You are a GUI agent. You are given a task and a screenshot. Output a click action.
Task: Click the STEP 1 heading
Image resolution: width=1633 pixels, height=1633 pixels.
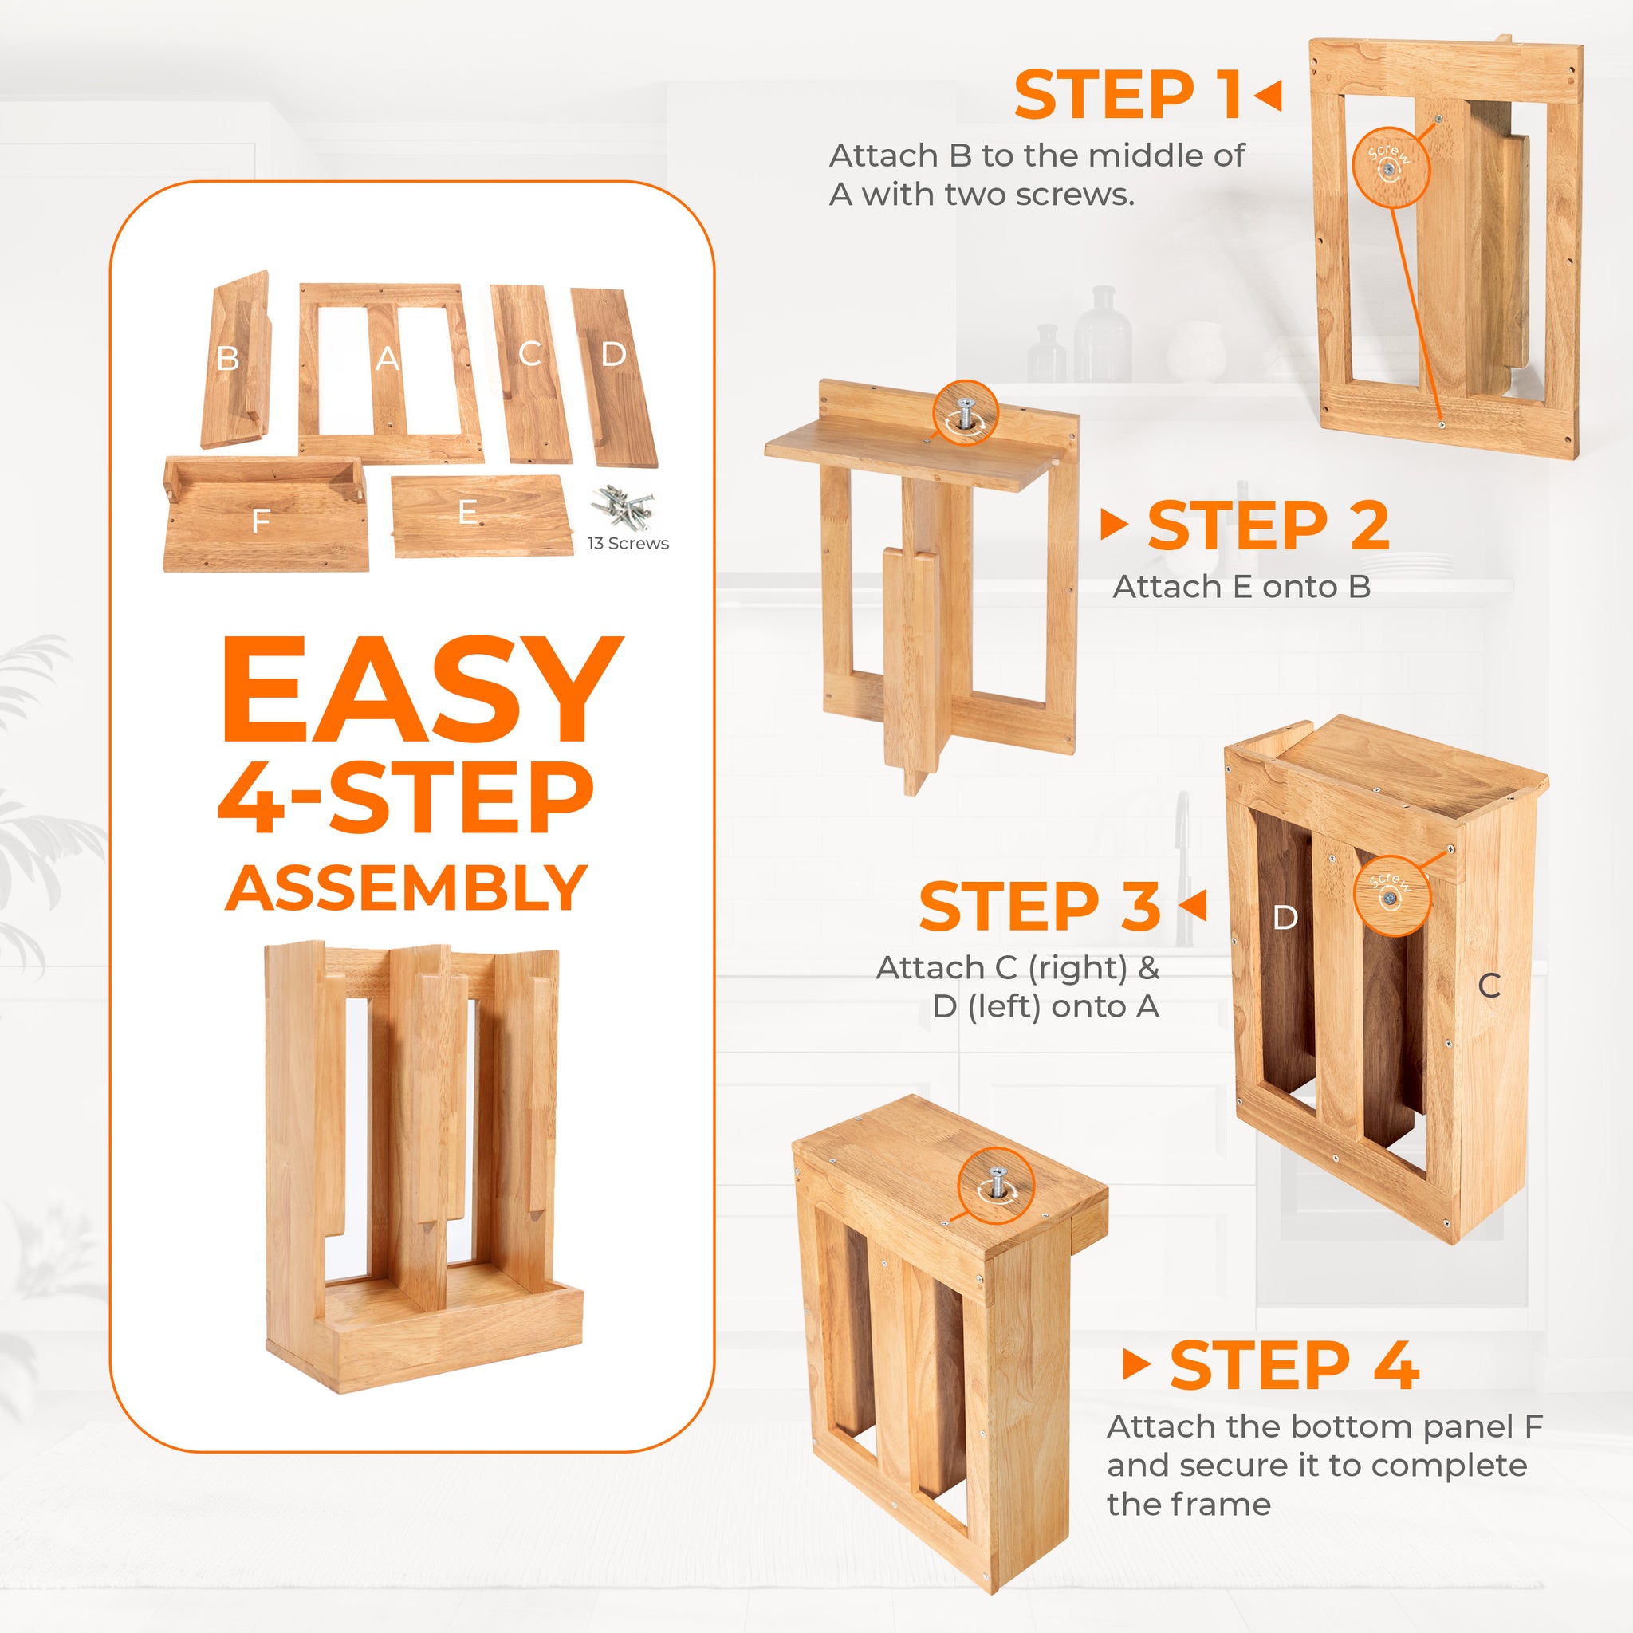pyautogui.click(x=1127, y=95)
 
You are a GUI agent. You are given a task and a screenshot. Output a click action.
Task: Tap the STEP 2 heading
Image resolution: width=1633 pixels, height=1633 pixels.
pyautogui.click(x=1268, y=525)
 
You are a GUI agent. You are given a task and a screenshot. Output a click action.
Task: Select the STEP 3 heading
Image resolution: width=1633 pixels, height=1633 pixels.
pyautogui.click(x=1040, y=906)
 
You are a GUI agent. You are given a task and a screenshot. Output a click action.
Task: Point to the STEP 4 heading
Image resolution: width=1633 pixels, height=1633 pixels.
pyautogui.click(x=1294, y=1366)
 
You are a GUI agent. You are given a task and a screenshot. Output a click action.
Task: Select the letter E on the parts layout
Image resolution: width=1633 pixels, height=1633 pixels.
pyautogui.click(x=466, y=512)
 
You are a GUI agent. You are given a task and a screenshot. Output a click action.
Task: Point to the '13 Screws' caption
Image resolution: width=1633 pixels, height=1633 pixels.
pyautogui.click(x=628, y=544)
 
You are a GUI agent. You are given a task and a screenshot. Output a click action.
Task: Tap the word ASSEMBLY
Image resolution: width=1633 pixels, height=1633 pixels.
pyautogui.click(x=407, y=888)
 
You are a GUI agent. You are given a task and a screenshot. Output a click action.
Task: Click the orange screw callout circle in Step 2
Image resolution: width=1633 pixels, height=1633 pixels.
pyautogui.click(x=966, y=414)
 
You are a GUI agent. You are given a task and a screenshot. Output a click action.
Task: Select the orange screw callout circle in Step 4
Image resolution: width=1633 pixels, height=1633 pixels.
pyautogui.click(x=997, y=1186)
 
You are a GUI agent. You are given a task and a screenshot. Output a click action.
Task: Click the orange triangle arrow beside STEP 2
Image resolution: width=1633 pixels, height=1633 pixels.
pyautogui.click(x=1114, y=525)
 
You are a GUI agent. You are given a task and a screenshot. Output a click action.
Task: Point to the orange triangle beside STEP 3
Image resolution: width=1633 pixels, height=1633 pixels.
pyautogui.click(x=1194, y=905)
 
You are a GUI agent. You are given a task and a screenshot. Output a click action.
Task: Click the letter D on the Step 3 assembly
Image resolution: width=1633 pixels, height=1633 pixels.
pyautogui.click(x=1285, y=917)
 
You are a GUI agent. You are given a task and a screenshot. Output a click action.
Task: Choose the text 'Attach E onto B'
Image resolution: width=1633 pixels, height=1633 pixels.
pyautogui.click(x=1241, y=587)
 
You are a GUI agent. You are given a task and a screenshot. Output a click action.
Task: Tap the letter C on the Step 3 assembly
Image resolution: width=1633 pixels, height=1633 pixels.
pyautogui.click(x=1489, y=986)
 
